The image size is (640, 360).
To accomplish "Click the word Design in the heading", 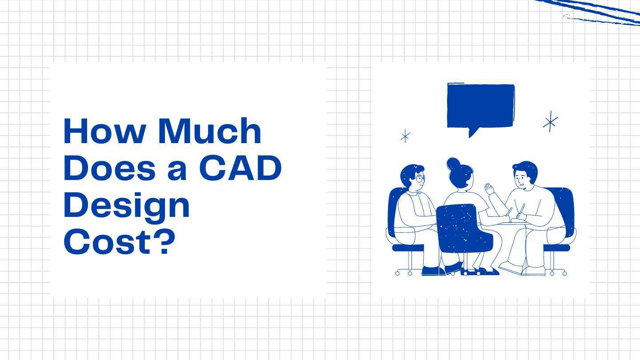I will (x=127, y=205).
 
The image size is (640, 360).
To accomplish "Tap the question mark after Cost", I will (x=164, y=242).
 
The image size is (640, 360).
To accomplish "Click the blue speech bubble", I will (x=480, y=106).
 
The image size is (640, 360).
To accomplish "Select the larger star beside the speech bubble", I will (x=550, y=121).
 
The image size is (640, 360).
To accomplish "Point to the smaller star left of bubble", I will (x=405, y=136).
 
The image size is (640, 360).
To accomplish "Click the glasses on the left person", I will (x=420, y=179).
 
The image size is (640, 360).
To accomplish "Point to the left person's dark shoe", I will (x=432, y=270).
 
